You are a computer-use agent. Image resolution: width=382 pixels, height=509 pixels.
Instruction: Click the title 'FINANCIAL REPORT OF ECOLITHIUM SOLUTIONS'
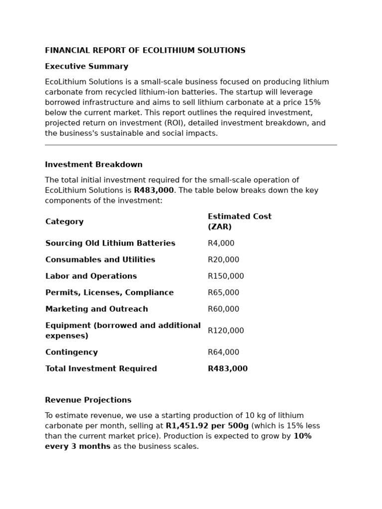145,51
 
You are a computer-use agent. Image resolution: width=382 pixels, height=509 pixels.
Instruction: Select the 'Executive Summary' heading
87,67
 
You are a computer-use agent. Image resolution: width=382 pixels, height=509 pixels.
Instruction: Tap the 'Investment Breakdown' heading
94,165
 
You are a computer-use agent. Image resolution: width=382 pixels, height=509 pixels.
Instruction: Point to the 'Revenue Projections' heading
88,400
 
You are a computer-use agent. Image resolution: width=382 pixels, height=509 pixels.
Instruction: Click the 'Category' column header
64,222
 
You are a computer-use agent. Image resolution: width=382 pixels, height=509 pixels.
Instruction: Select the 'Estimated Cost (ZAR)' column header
239,222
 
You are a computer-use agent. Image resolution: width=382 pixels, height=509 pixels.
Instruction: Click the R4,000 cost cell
221,244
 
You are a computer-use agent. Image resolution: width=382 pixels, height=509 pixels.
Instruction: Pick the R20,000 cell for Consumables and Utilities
223,260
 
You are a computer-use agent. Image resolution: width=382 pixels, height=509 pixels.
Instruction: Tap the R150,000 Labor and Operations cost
226,276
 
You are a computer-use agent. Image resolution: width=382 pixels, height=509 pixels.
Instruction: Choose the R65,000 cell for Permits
223,293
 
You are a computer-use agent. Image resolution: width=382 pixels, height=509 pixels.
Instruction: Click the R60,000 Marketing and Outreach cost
223,309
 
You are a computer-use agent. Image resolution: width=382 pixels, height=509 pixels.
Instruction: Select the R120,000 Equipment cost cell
226,331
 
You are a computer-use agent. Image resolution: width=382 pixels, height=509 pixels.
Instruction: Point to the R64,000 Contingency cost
223,352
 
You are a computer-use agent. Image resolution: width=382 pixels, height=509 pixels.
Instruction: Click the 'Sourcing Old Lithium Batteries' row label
110,244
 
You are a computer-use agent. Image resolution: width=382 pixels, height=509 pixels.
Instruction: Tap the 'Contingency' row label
71,352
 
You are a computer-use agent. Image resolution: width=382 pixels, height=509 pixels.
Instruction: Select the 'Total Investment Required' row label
101,369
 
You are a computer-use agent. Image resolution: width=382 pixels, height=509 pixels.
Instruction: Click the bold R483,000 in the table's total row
227,369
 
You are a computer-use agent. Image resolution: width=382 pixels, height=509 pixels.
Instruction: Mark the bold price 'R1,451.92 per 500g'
207,426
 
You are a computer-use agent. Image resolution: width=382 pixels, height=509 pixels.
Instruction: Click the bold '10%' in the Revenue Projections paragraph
302,436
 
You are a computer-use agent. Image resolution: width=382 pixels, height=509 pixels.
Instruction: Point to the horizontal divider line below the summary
191,145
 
